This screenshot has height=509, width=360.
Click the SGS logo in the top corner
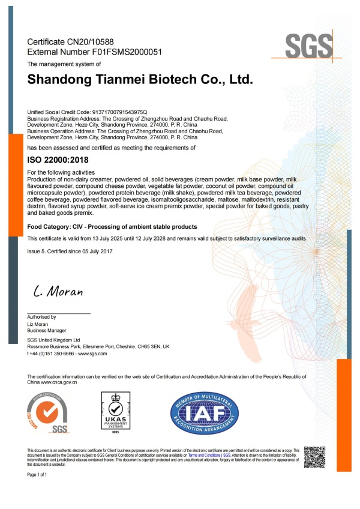[309, 45]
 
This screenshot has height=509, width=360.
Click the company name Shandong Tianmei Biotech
[140, 79]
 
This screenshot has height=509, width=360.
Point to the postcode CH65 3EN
[153, 347]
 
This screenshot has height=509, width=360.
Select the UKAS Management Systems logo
[115, 412]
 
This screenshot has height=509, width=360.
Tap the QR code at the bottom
[314, 457]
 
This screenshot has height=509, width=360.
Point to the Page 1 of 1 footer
[37, 475]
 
